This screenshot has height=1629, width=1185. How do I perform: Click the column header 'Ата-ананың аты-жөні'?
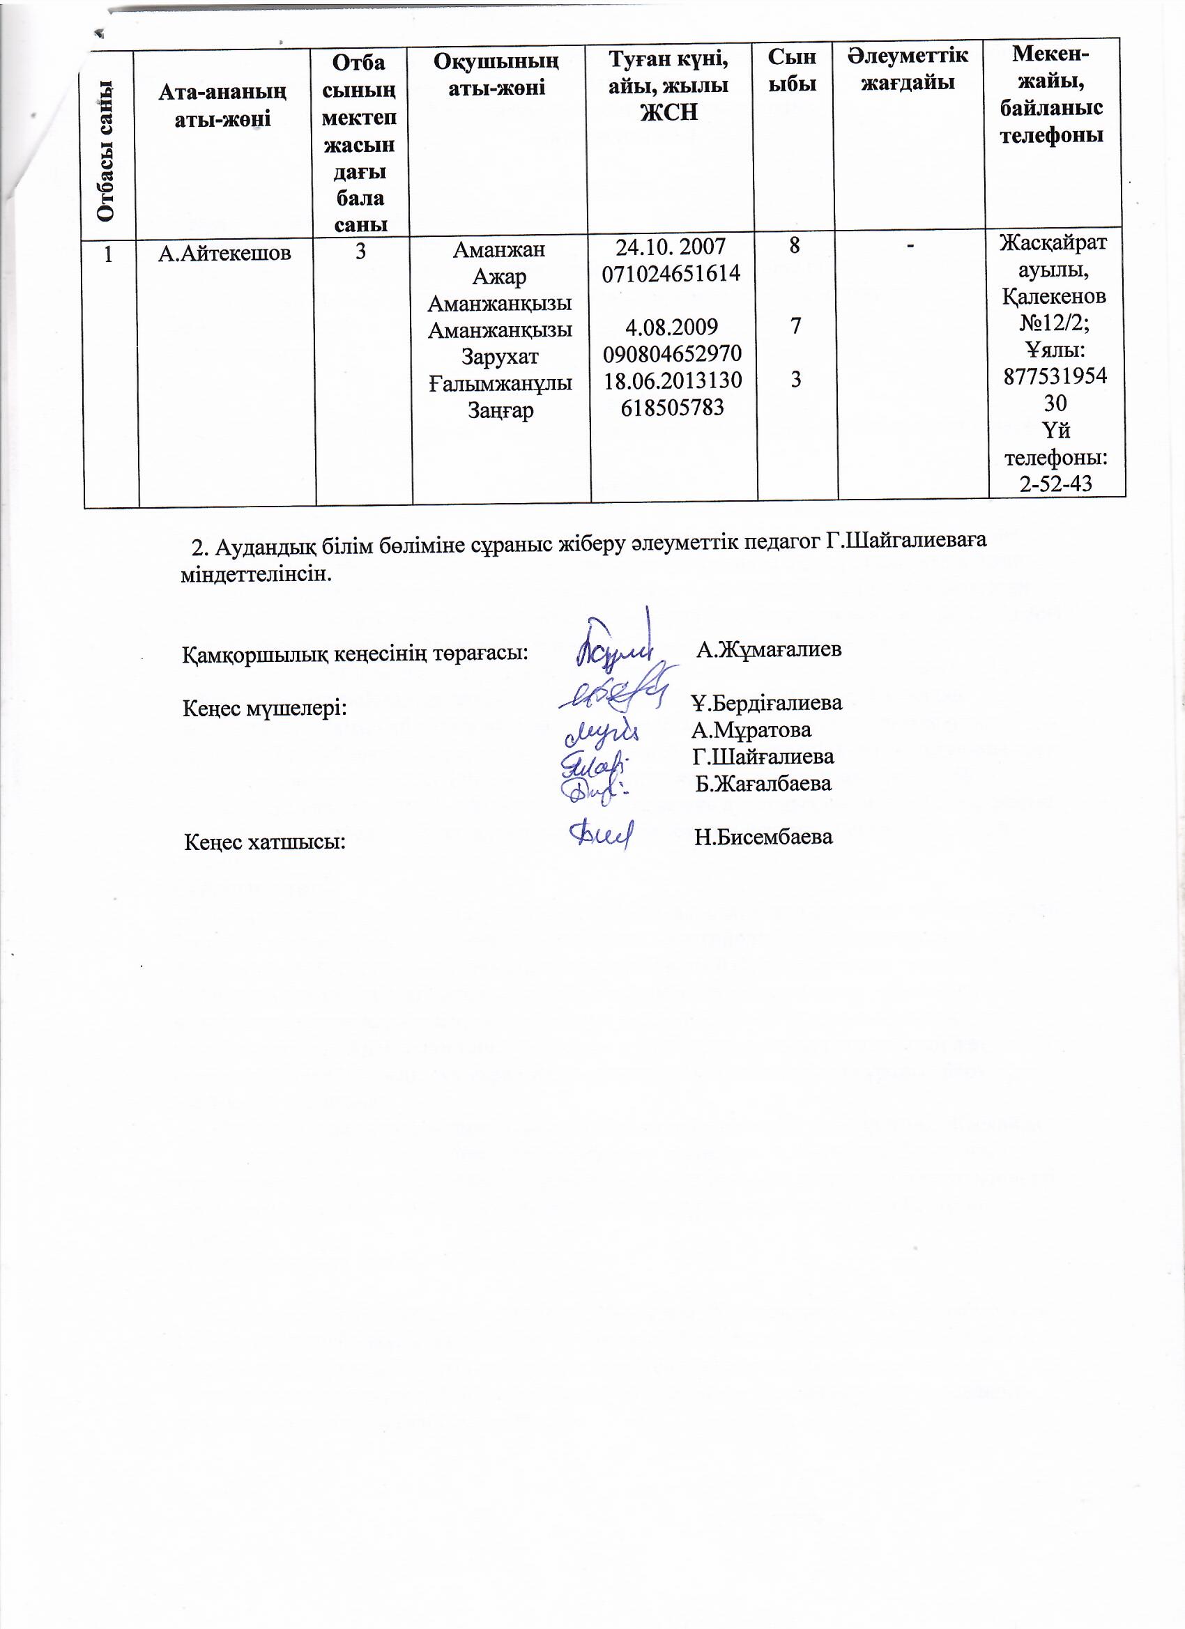pos(223,105)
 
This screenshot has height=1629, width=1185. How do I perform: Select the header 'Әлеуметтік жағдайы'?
pos(908,69)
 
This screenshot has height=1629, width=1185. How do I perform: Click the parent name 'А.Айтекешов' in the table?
pos(224,253)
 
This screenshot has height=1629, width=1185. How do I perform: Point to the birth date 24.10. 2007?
pos(671,247)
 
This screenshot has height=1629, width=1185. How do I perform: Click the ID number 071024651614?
pos(671,274)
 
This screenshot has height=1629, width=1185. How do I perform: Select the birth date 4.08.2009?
pos(671,327)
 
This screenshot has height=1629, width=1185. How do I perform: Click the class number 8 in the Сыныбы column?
pos(794,247)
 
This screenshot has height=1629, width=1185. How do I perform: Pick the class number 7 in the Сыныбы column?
pos(795,327)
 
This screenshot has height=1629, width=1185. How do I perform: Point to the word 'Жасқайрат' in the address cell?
pos(1053,242)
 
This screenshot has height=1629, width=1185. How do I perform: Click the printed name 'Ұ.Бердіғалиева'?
pos(766,702)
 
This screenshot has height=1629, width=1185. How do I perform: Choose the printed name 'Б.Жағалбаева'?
pos(763,783)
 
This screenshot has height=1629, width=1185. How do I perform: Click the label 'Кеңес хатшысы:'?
pos(265,841)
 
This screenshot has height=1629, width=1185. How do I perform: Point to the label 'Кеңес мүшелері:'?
pos(264,709)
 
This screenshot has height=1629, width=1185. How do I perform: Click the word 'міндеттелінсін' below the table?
pos(256,576)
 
